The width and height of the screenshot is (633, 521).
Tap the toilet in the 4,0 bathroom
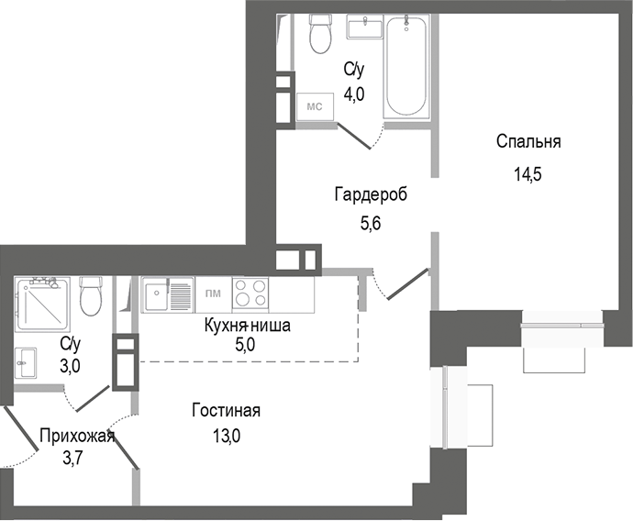[x=320, y=35]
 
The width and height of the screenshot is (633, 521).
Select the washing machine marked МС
[x=314, y=106]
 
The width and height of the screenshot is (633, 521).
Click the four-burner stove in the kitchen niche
[x=250, y=294]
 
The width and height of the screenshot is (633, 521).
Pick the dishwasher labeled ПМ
[x=212, y=294]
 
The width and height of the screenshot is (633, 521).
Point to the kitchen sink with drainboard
[x=167, y=295]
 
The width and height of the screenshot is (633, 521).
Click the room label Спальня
[x=527, y=142]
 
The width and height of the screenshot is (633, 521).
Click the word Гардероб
[x=370, y=194]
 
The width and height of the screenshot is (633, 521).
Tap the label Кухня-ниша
[x=247, y=325]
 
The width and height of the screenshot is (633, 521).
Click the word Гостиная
[x=226, y=410]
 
